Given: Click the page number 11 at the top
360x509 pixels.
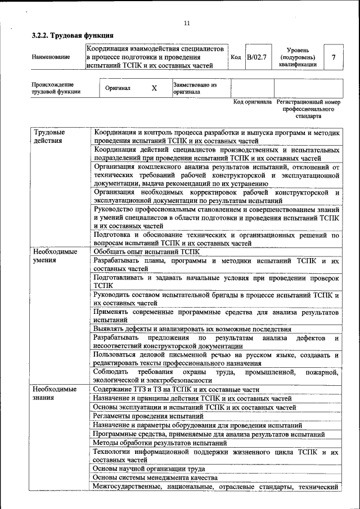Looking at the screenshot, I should tap(187, 22).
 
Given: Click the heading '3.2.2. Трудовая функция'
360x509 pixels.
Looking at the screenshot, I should tap(69, 35).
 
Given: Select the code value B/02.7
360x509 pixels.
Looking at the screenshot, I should tap(259, 57).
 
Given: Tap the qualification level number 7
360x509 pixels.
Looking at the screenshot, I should tap(334, 57).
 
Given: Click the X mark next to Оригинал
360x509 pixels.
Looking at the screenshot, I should tap(154, 88).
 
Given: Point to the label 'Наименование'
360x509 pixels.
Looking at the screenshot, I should tap(51, 57).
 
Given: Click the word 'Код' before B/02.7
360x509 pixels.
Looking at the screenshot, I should tap(236, 57).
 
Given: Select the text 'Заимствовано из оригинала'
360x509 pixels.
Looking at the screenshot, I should tap(195, 88).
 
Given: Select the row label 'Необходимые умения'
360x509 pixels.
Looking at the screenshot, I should tap(55, 256).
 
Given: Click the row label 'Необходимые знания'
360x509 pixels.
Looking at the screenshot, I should tap(55, 393).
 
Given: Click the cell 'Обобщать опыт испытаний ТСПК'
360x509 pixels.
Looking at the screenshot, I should tap(147, 252).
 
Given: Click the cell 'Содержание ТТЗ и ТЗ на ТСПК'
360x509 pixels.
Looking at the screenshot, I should tap(177, 389).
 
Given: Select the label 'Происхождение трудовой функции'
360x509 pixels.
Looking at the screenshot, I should tap(56, 88).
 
